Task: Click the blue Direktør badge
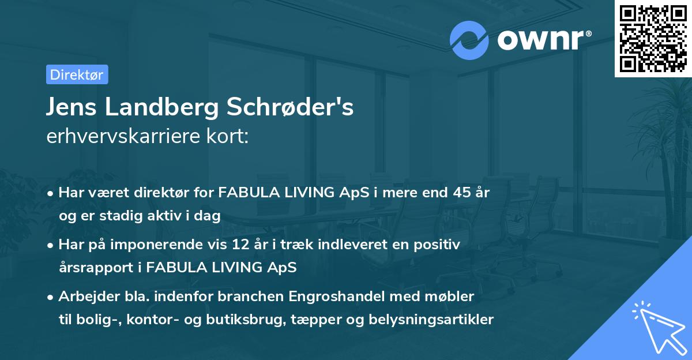pos(77,74)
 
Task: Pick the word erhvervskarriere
pos(120,137)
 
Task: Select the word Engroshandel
pos(336,297)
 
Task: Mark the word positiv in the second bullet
pos(439,245)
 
